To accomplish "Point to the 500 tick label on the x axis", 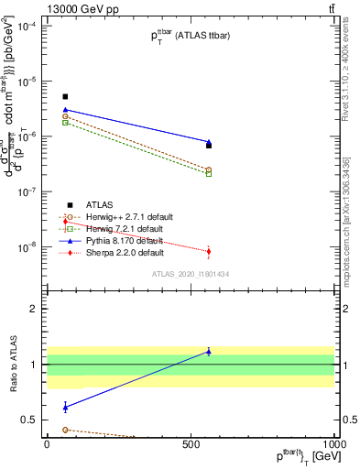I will [190, 442].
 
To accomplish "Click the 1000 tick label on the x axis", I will [332, 442].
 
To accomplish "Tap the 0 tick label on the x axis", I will [47, 442].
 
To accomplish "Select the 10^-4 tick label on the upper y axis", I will [25, 26].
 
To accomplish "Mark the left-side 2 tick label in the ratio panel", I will [32, 309].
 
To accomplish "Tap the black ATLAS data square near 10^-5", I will [65, 96].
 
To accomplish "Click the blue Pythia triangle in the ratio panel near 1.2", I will [209, 352].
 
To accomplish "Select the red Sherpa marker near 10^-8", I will [209, 251].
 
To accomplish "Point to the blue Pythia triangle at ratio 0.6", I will [65, 407].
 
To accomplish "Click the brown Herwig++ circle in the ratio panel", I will [65, 430].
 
